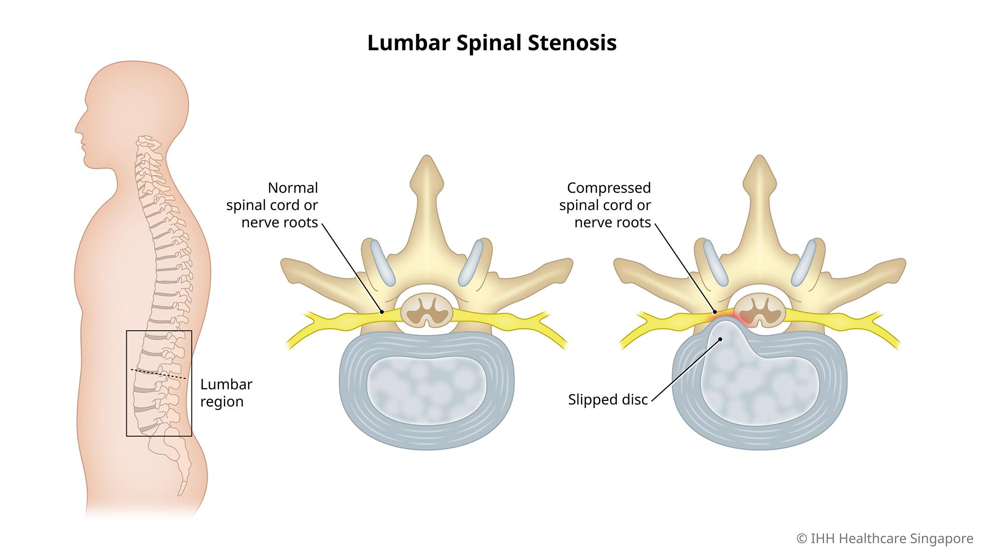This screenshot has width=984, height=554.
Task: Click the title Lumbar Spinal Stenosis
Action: [492, 43]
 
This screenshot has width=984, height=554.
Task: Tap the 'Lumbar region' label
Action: [226, 392]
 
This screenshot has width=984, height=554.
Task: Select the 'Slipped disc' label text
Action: [608, 399]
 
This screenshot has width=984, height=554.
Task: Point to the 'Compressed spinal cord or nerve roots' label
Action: [605, 205]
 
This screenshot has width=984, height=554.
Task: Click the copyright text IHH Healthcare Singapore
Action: [885, 539]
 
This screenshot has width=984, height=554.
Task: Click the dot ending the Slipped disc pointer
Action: [720, 339]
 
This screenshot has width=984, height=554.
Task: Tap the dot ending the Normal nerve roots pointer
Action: [382, 312]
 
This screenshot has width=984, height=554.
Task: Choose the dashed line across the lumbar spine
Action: [158, 373]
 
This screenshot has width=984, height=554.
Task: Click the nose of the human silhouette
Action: [76, 130]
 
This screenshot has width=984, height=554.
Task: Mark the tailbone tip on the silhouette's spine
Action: [183, 492]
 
